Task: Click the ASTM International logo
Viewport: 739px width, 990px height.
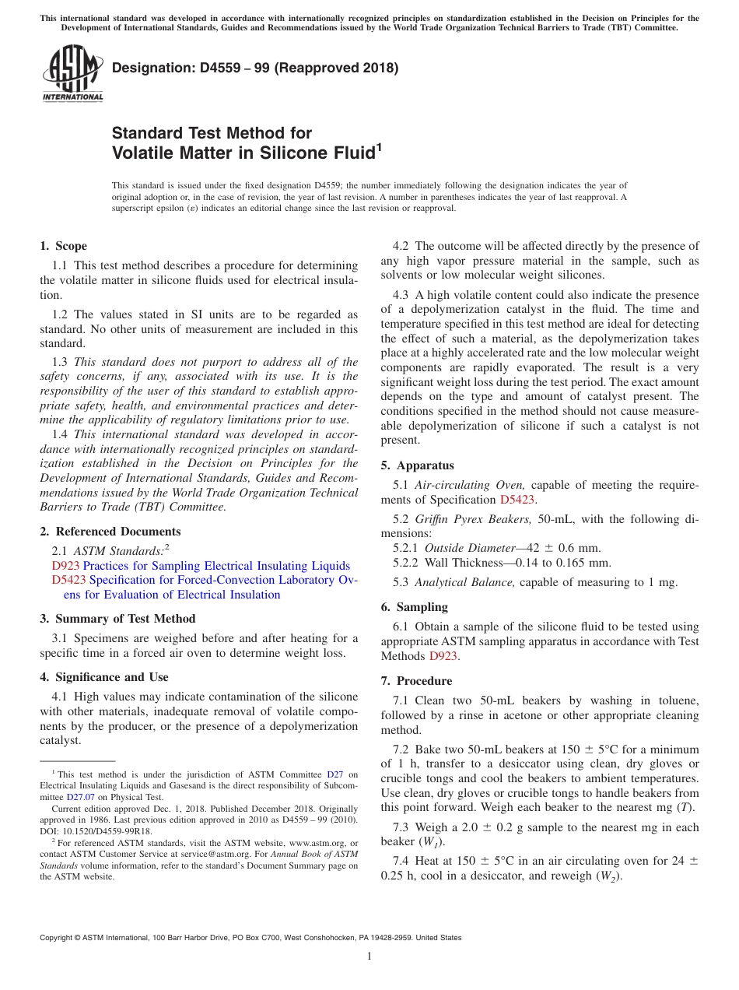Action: (x=72, y=72)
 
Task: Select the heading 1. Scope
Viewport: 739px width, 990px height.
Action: (x=63, y=246)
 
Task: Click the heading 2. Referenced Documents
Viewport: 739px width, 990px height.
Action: (x=110, y=532)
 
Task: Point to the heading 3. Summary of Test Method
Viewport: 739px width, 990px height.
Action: (x=117, y=619)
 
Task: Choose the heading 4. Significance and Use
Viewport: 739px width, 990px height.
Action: (x=103, y=677)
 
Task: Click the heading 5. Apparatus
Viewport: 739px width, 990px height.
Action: (x=417, y=465)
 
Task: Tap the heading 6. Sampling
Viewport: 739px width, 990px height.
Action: (x=414, y=607)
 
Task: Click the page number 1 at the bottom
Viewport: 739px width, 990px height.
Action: (x=369, y=956)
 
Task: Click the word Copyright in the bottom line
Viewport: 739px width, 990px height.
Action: (x=57, y=938)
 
